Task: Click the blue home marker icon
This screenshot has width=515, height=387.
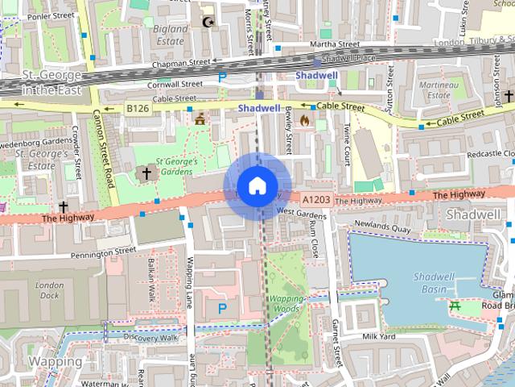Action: [256, 186]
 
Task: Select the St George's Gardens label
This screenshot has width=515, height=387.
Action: [175, 166]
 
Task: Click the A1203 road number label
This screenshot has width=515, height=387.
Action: [316, 198]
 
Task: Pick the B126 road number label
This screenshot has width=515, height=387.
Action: [137, 107]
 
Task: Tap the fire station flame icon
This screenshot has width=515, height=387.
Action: [304, 120]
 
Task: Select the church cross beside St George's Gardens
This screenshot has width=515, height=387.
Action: [147, 173]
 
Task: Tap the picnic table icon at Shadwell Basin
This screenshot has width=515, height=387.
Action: [455, 305]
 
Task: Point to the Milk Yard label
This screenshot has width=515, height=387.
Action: [380, 336]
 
